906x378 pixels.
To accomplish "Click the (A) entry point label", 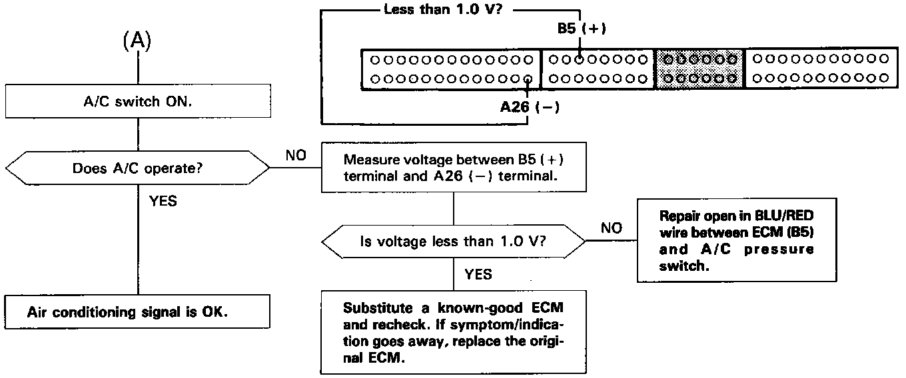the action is [137, 41].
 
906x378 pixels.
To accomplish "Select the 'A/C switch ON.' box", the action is [138, 101].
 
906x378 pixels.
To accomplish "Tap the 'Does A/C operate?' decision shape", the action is [137, 168].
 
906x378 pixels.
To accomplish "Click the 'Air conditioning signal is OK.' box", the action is [137, 311].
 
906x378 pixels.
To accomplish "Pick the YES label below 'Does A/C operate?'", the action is [163, 201].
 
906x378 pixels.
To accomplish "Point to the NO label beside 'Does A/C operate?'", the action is [296, 155].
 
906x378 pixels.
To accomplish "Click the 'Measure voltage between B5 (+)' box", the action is [454, 167].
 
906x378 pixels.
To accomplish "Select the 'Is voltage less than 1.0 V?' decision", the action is [454, 242].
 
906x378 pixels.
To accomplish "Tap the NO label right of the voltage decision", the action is [611, 228].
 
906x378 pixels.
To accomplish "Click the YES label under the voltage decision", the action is [478, 275].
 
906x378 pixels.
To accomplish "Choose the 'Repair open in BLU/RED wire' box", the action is [737, 240].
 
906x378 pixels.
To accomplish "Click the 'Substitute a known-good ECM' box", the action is [454, 332].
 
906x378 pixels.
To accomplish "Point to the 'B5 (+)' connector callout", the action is [582, 28].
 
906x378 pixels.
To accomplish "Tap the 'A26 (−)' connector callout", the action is [530, 107].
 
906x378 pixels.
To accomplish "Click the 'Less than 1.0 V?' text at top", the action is [443, 9].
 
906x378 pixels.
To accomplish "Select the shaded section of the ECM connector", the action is [699, 69].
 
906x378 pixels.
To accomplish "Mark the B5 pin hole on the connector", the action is [579, 60].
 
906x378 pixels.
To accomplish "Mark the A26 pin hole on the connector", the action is [528, 79].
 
